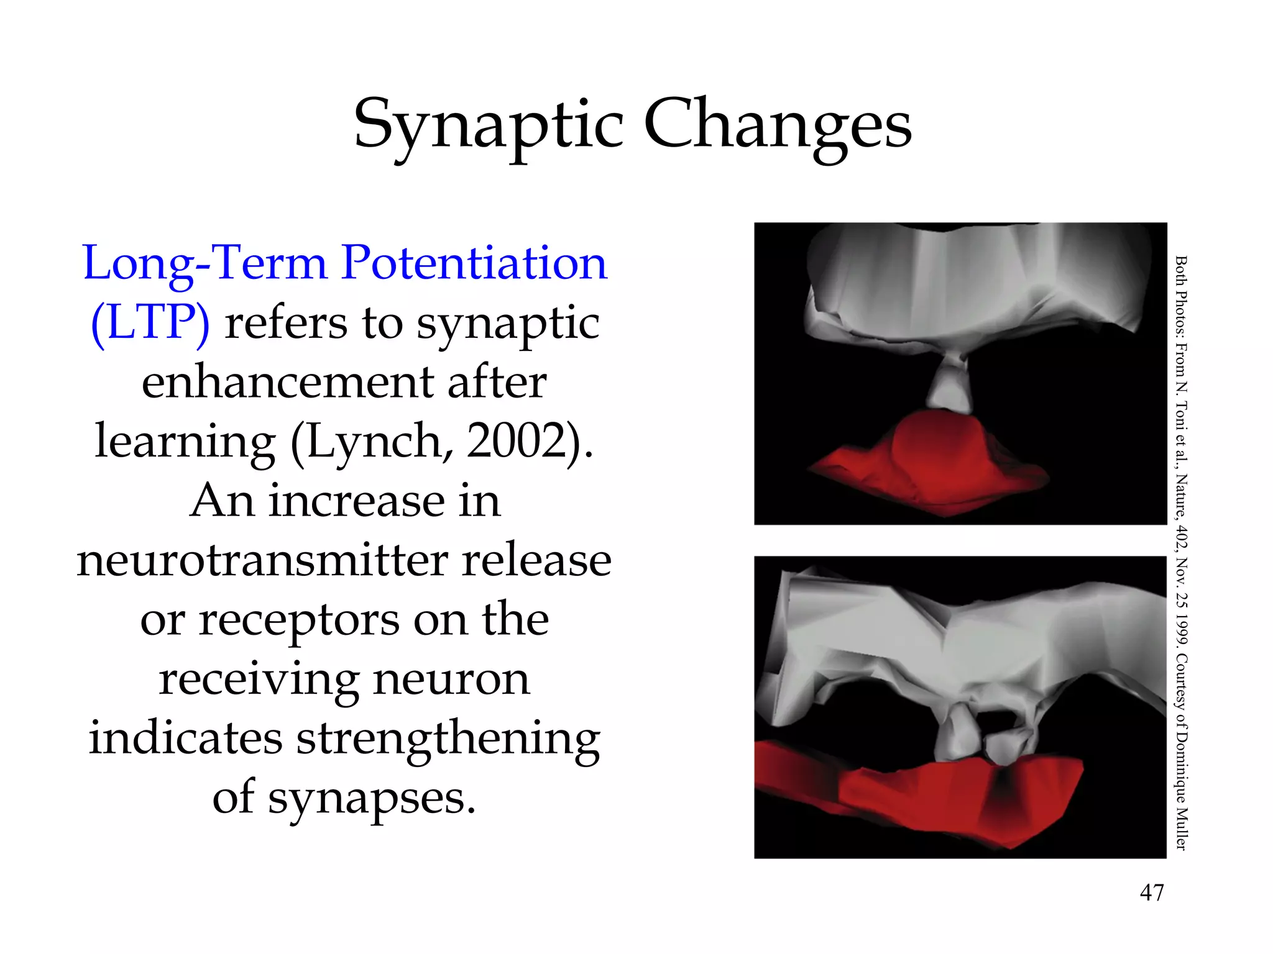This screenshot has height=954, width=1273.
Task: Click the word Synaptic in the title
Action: pyautogui.click(x=488, y=124)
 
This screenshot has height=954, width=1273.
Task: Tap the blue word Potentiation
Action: pyautogui.click(x=474, y=263)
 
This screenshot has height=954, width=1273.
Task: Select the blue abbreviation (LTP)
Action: pyautogui.click(x=150, y=323)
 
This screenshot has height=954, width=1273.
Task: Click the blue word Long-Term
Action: pyautogui.click(x=205, y=263)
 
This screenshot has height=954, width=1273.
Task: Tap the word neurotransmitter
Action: pyautogui.click(x=261, y=560)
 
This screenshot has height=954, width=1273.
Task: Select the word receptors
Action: pyautogui.click(x=298, y=620)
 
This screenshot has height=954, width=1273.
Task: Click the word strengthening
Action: pyautogui.click(x=448, y=739)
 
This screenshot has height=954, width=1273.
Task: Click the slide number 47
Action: pyautogui.click(x=1152, y=893)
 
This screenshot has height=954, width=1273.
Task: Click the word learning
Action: pyautogui.click(x=185, y=441)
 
